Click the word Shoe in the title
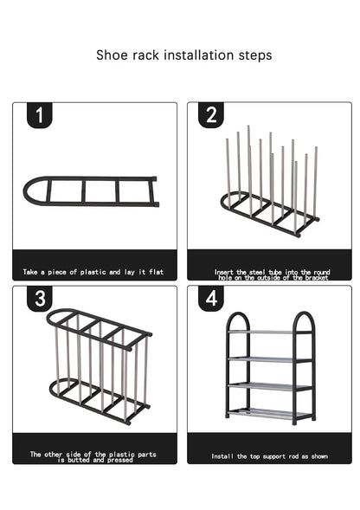112,55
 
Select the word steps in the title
255,55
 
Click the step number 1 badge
39,114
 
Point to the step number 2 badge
211,114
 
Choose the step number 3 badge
40,298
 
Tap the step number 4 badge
211,298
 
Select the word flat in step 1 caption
156,272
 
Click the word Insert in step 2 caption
224,272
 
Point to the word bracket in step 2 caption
316,277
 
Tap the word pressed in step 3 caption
120,460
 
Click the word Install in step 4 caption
222,456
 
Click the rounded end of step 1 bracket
31,191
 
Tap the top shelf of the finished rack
269,332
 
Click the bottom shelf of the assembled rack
269,413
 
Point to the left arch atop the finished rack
238,318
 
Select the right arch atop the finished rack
304,318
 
